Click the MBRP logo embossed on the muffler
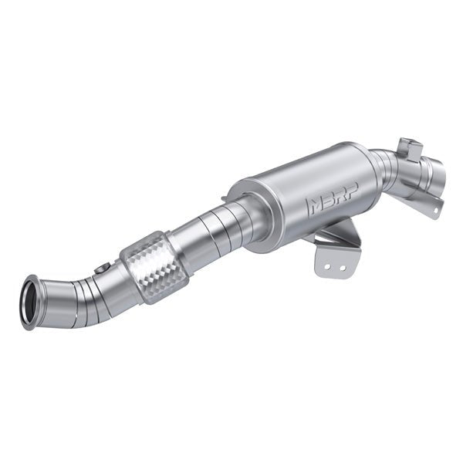pyautogui.click(x=330, y=203)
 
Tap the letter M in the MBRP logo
pyautogui.click(x=316, y=207)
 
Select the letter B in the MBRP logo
pyautogui.click(x=326, y=204)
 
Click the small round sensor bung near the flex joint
pyautogui.click(x=100, y=269)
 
